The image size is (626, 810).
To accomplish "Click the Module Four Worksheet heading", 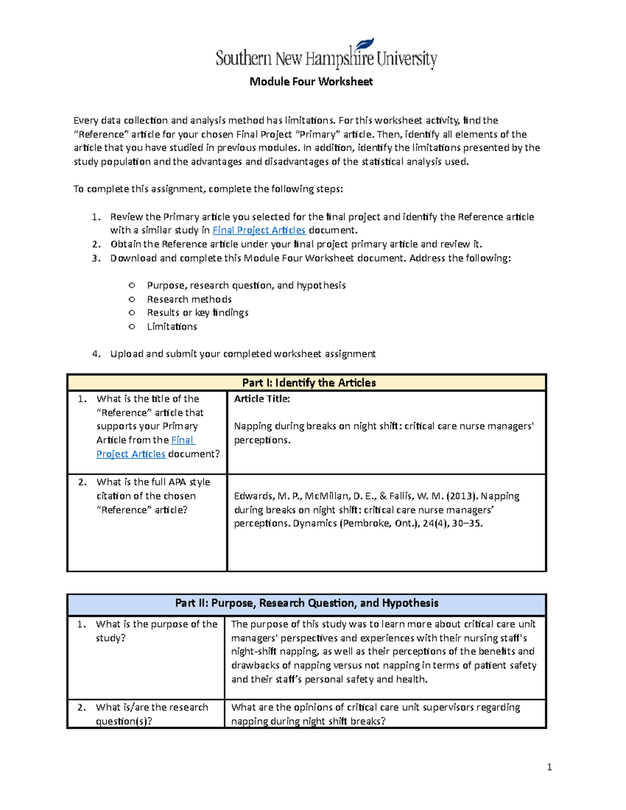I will pos(311,81).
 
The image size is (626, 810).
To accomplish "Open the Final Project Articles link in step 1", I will pos(259,230).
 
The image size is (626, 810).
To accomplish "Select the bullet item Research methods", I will pos(189,299).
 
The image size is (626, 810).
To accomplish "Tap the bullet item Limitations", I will pos(172,327).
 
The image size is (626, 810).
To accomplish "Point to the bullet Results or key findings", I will pos(197,312).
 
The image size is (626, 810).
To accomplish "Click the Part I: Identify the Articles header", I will pos(309,382).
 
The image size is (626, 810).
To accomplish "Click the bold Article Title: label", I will pos(262,398).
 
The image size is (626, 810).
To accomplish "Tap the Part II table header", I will pos(307,603).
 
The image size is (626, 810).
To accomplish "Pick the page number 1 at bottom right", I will pos(549,767).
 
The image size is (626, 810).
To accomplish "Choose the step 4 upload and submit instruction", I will pos(243,354).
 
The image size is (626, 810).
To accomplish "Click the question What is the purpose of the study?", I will pos(156,631).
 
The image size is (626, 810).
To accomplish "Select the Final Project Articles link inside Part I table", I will pos(130,454).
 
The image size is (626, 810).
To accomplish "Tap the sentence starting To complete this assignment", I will pos(208,189).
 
